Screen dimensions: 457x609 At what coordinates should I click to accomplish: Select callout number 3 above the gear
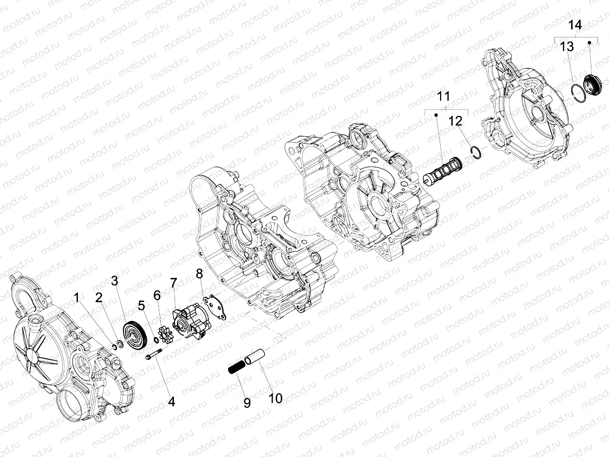[x=114, y=281]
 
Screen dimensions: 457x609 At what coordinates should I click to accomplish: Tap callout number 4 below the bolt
[x=171, y=402]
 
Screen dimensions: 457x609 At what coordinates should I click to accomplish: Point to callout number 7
[x=173, y=282]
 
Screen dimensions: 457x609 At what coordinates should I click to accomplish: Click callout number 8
[x=199, y=274]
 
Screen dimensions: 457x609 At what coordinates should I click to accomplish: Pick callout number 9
[x=247, y=403]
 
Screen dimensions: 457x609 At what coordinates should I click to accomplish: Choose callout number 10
[x=276, y=398]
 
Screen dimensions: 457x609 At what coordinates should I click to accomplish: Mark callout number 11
[x=443, y=96]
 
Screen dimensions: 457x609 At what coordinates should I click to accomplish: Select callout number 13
[x=567, y=47]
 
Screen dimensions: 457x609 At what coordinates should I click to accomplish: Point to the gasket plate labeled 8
[x=214, y=307]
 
